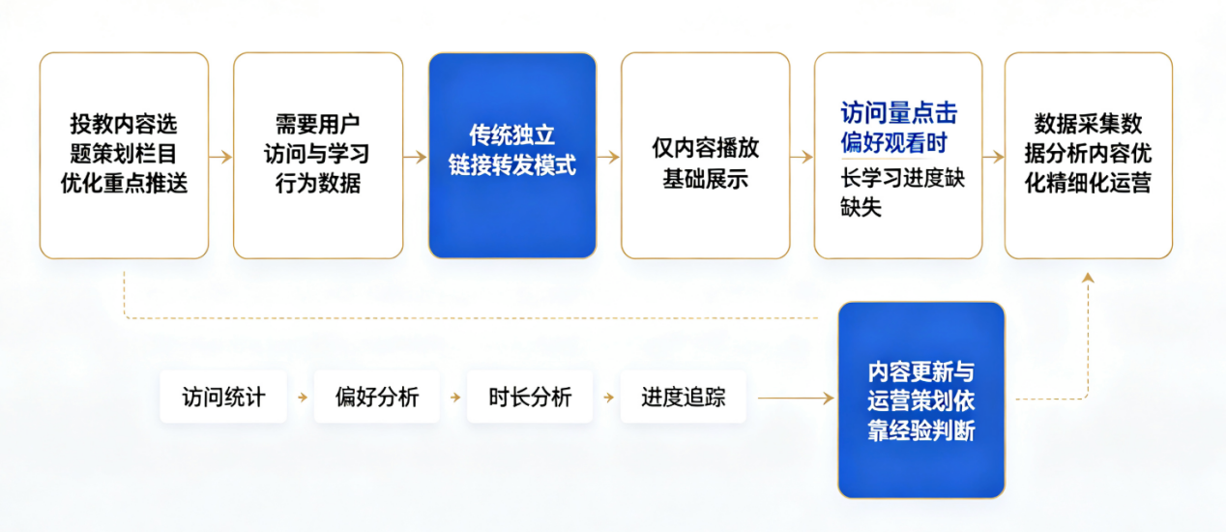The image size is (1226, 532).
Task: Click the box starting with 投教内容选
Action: (x=124, y=156)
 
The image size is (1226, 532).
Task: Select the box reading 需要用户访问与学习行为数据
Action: (x=318, y=156)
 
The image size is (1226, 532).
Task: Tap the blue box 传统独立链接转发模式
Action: (x=512, y=156)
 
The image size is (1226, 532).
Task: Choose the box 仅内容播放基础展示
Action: (x=706, y=156)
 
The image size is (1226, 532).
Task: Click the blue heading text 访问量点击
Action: (x=898, y=113)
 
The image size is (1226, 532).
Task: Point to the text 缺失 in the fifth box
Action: (x=861, y=207)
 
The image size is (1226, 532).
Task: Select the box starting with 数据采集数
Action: (x=1089, y=156)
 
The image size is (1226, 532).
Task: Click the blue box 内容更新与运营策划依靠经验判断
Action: (x=921, y=400)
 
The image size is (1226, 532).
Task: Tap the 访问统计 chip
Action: (x=223, y=397)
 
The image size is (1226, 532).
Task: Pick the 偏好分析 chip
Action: (x=376, y=397)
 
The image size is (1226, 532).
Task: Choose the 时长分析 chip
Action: (x=530, y=397)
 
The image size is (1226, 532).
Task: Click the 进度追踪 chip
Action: (x=683, y=397)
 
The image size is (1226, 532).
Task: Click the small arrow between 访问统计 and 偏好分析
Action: (x=303, y=398)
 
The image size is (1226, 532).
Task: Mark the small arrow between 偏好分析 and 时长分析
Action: (x=455, y=398)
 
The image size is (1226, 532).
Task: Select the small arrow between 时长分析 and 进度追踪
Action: (x=608, y=398)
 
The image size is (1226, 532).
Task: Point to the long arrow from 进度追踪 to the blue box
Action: (x=796, y=398)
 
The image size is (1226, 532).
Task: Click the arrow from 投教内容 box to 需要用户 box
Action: (x=221, y=157)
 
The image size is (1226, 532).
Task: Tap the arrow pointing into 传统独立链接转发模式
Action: (x=416, y=157)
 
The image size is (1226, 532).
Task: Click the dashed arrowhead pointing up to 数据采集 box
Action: (x=1088, y=278)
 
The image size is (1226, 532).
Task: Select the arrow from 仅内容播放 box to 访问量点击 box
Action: (x=802, y=157)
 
